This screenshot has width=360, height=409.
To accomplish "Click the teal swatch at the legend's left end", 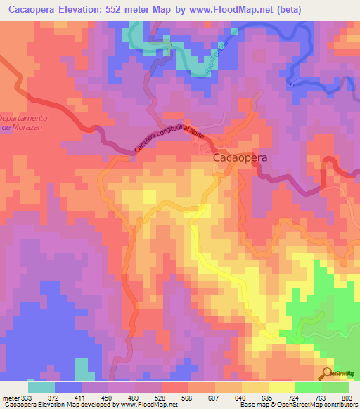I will pos(41,387).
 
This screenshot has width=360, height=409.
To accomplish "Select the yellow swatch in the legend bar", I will pos(282,387).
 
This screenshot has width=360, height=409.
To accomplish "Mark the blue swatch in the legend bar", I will pos(68,387).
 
